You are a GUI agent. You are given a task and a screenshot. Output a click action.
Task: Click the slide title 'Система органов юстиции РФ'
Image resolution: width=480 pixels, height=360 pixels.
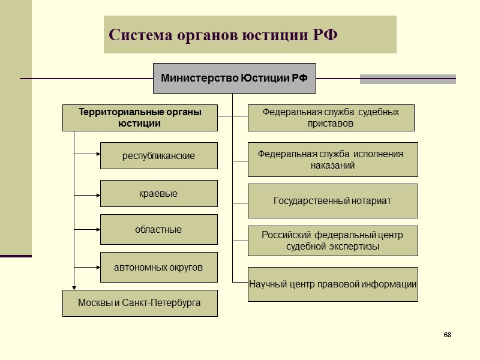223,34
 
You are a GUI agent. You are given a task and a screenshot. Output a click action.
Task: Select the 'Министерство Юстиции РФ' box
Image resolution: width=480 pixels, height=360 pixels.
234,78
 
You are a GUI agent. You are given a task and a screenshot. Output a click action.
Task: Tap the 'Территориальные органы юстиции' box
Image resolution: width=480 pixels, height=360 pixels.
140,118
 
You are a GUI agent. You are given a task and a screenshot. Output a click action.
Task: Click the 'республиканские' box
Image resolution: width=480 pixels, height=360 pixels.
158,155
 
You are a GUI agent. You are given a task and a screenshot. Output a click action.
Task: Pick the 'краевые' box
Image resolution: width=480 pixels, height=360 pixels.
158,194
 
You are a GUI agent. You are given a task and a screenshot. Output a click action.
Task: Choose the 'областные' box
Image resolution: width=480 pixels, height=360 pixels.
158,229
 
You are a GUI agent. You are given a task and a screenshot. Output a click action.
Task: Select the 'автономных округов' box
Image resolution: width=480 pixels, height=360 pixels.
158,267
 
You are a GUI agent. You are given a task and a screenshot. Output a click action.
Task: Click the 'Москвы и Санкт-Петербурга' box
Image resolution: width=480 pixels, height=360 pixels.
140,303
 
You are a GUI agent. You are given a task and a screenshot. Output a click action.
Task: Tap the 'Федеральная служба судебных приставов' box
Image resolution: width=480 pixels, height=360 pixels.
331,118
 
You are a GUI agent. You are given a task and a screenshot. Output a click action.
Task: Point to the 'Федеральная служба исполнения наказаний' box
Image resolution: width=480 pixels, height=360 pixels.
332,159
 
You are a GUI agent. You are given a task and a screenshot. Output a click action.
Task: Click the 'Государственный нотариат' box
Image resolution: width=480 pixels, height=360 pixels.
332,200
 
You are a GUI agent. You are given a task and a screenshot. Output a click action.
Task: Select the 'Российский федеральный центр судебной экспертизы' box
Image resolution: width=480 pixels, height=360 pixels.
332,241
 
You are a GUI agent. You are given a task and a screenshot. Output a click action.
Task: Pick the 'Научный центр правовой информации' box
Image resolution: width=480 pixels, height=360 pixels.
332,284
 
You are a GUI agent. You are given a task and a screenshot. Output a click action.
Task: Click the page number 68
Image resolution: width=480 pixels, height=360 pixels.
448,334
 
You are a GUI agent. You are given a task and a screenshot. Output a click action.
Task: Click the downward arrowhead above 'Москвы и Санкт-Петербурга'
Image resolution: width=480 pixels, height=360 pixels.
74,287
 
